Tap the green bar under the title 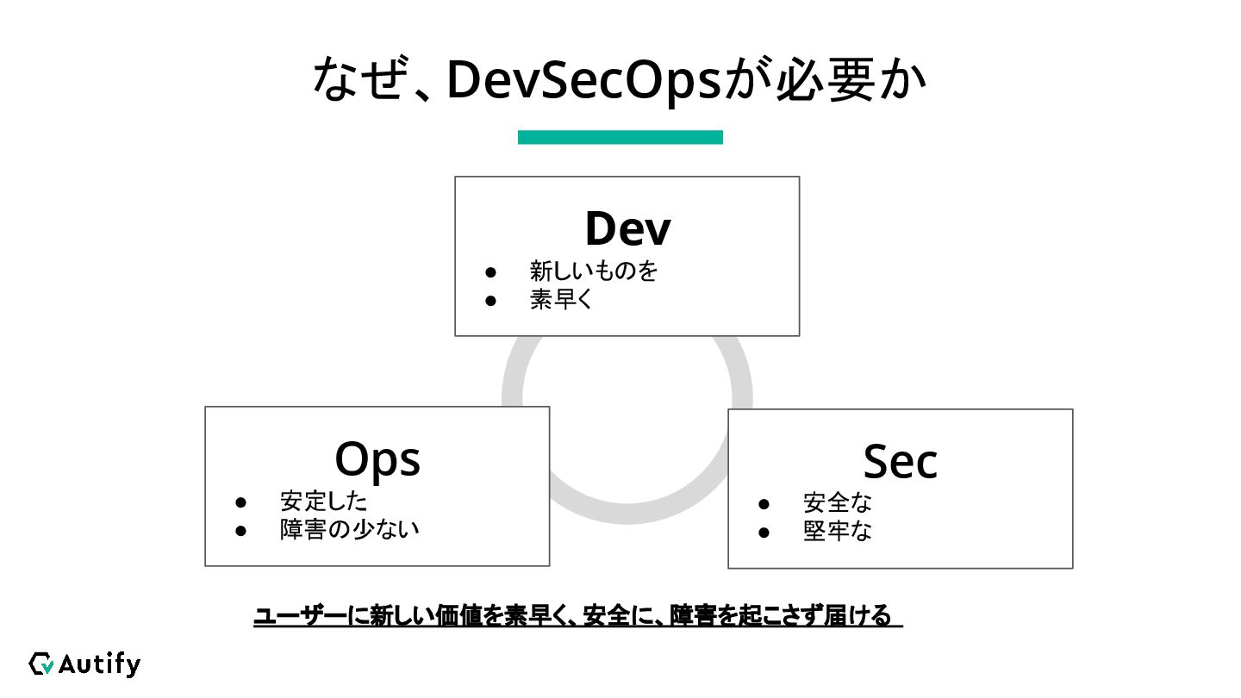click(620, 137)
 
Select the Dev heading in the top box click(627, 228)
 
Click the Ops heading click(377, 459)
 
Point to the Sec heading click(900, 462)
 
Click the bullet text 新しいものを click(594, 271)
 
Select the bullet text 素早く click(562, 301)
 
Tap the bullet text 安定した click(324, 502)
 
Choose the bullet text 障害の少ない click(350, 529)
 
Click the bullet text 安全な click(838, 502)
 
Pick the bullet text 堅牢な click(838, 532)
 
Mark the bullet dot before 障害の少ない click(241, 530)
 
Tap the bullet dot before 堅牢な click(764, 533)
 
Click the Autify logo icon click(41, 664)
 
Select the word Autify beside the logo click(99, 664)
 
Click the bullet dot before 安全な click(764, 503)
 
